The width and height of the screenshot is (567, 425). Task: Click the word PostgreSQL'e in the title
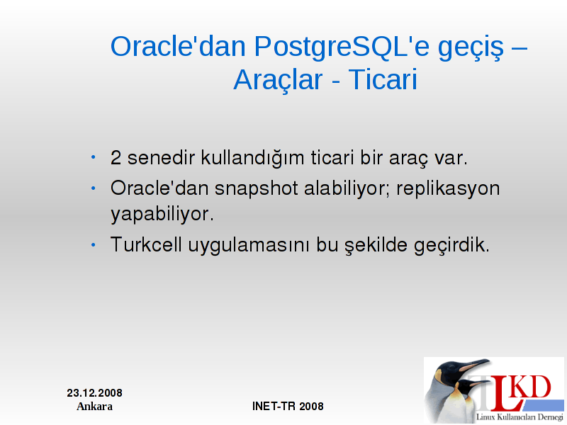tap(342, 47)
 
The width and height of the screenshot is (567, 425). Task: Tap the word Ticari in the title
tap(383, 79)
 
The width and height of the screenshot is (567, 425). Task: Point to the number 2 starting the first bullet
tap(116, 158)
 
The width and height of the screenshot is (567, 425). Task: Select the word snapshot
tap(257, 189)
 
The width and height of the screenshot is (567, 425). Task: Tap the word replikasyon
tap(448, 189)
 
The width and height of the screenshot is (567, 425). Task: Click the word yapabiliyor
tap(162, 215)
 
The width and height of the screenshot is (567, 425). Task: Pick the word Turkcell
tap(146, 244)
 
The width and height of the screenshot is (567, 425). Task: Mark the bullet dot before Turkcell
tap(94, 245)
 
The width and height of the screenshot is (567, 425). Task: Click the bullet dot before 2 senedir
tap(94, 157)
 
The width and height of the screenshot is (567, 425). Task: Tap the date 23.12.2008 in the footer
tap(95, 393)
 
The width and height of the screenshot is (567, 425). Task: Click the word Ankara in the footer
tap(95, 407)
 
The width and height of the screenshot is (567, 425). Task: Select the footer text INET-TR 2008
tap(288, 406)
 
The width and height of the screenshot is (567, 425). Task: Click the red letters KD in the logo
tap(532, 387)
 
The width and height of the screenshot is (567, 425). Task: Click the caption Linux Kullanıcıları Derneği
tap(520, 417)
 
